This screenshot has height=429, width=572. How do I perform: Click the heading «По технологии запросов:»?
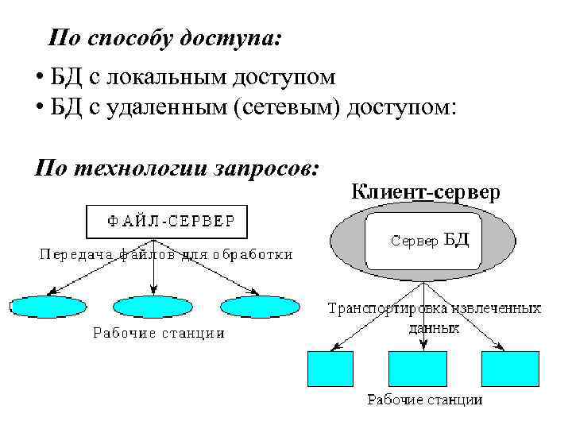point(176,168)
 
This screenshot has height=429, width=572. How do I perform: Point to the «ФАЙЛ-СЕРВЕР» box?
point(167,222)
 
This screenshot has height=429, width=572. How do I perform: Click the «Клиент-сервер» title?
point(426,191)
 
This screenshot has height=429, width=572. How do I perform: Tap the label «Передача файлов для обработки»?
point(165,255)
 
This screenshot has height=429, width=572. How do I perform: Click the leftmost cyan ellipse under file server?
point(48,307)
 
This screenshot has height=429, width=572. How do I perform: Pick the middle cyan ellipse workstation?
point(153,307)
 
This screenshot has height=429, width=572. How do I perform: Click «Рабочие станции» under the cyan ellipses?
point(159,334)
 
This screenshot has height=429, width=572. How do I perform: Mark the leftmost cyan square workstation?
point(329,368)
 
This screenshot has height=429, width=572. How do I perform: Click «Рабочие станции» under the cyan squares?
point(424,400)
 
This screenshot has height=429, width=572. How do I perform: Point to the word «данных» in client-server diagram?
point(434,327)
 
